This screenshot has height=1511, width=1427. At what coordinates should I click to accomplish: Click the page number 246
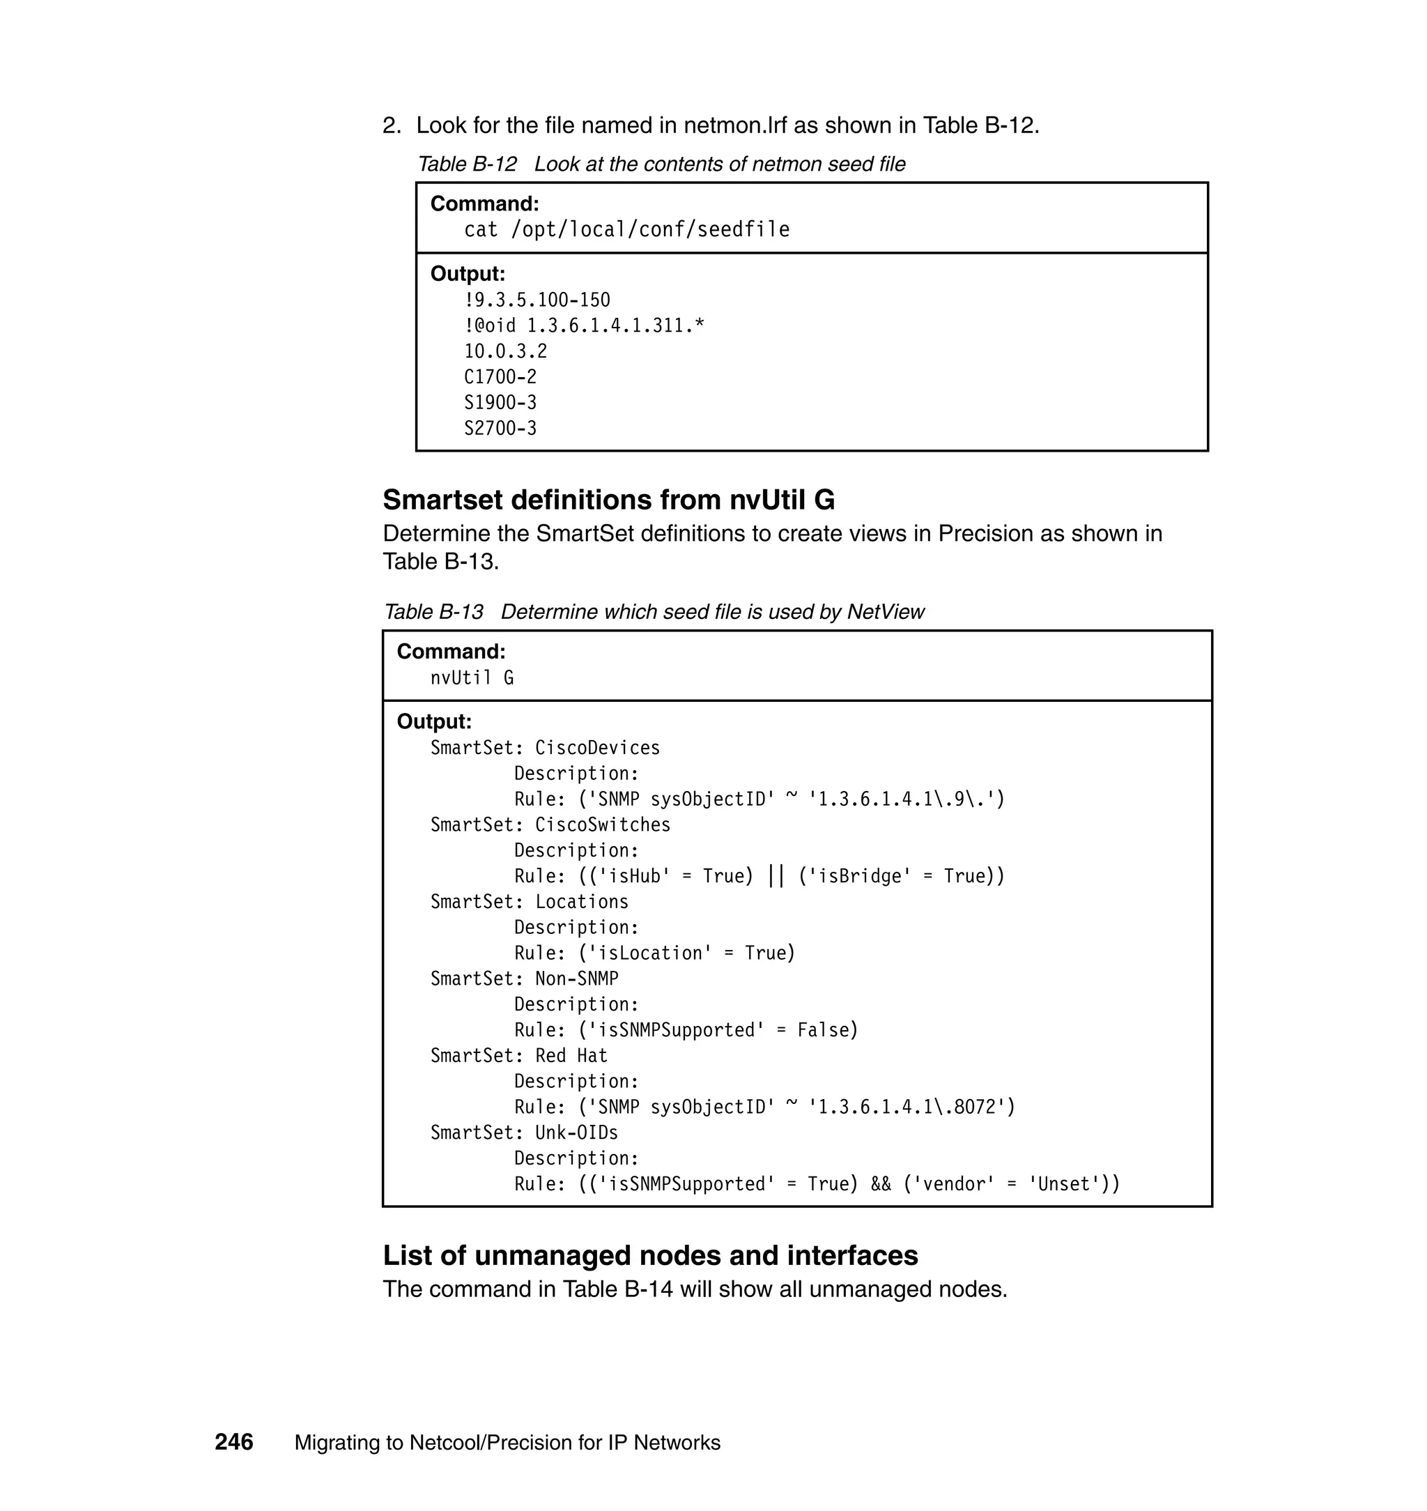pos(233,1442)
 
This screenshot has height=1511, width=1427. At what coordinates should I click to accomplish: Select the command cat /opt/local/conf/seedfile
pos(627,230)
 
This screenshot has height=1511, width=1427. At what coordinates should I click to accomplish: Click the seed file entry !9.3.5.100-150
pos(537,300)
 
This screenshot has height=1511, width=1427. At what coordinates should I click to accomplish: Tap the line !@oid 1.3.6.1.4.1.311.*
pos(584,325)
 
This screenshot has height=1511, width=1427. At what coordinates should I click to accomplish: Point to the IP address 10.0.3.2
pos(505,351)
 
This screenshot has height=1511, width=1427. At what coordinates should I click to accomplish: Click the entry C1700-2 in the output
pos(500,376)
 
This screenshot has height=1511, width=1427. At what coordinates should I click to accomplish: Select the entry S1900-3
pos(500,402)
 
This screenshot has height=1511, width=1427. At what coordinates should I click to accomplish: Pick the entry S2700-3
pos(500,429)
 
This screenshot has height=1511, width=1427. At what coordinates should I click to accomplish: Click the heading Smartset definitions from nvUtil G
pos(608,500)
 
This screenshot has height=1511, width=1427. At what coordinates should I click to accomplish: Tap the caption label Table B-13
pos(433,612)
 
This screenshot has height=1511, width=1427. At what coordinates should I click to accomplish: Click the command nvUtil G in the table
pos(472,677)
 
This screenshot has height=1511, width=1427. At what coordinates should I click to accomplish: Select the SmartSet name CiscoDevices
pos(597,748)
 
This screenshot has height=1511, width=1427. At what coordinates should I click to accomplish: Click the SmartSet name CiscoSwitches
pos(603,824)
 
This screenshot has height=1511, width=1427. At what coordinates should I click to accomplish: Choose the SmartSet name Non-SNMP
pos(576,979)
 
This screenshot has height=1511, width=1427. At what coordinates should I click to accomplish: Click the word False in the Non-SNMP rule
pos(827,1030)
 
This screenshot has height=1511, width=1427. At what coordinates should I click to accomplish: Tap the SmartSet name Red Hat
pos(571,1055)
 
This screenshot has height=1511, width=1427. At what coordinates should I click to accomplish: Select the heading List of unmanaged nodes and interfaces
pos(650,1255)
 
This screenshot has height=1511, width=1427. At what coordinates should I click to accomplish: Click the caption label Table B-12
pos(467,164)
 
